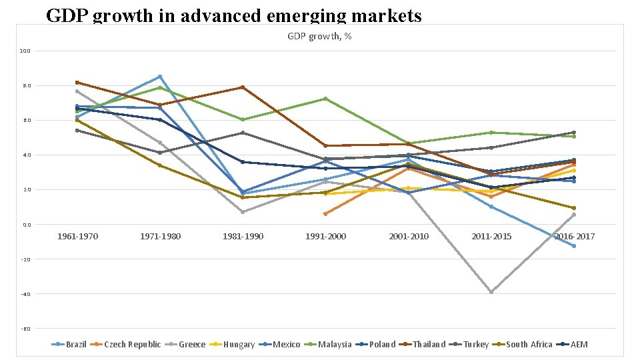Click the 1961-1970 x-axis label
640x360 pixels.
[x=77, y=237]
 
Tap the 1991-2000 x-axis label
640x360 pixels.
[x=325, y=237]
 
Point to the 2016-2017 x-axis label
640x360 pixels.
[x=574, y=237]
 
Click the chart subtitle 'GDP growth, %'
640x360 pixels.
[x=319, y=36]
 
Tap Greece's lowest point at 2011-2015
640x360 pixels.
[x=491, y=292]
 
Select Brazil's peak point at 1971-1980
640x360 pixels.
[x=160, y=77]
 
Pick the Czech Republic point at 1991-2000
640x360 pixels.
[x=325, y=214]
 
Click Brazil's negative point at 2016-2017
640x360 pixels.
[x=574, y=246]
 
